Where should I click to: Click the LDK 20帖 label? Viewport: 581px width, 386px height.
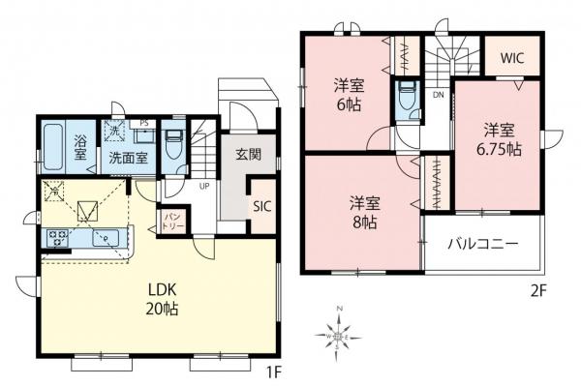163,301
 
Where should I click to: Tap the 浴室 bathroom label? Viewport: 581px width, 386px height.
82,148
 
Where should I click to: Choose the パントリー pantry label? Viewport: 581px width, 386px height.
173,219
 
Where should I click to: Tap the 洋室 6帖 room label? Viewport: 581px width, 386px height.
349,92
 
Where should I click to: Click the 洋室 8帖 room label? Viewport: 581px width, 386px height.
364,212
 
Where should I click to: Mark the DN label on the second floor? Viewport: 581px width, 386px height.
439,96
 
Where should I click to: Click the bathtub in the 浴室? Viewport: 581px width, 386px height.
55,147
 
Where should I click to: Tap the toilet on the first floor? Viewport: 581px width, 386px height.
174,148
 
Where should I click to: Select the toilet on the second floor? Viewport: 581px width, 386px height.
406,97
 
